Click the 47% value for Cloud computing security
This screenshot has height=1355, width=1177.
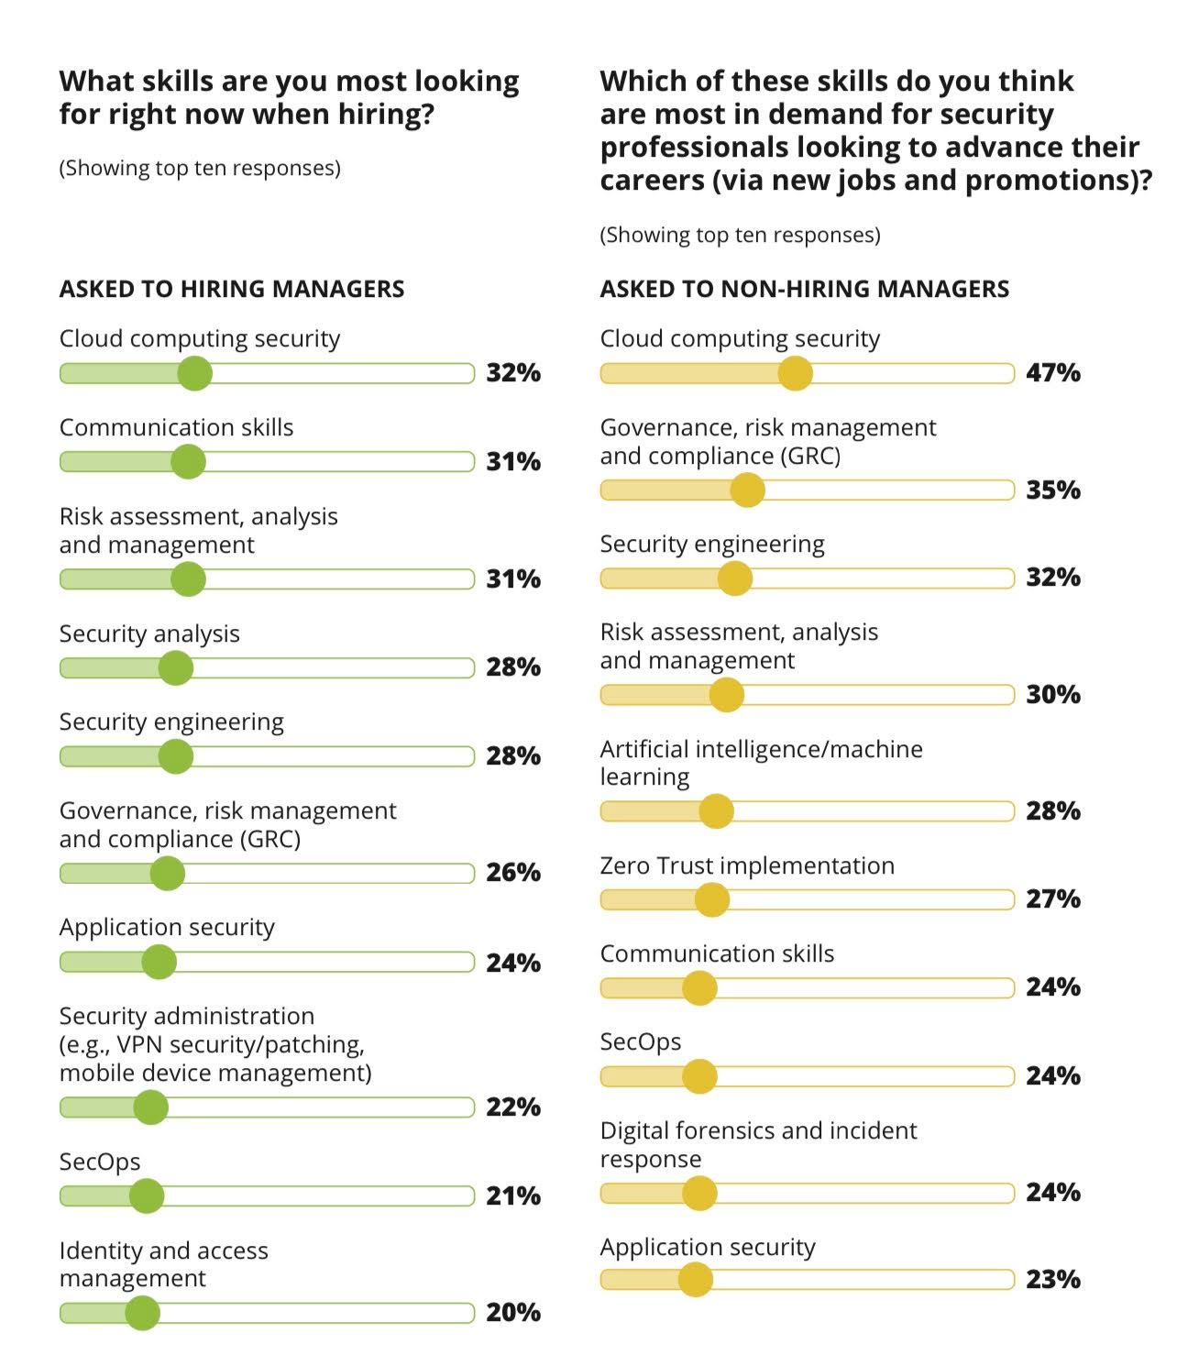pos(1052,373)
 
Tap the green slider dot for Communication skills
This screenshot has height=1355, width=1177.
pos(188,461)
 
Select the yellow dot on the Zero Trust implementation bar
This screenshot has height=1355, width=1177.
pos(711,899)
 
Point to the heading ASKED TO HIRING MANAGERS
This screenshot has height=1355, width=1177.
pos(231,289)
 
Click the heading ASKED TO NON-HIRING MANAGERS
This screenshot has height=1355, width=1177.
pos(804,289)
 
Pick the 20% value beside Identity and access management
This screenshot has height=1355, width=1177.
pos(512,1313)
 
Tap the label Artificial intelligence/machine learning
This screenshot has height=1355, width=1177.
pos(761,763)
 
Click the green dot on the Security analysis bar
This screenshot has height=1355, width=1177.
pos(176,667)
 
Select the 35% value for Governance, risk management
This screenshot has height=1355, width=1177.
pos(1052,490)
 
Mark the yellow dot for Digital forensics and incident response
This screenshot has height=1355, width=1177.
pos(699,1193)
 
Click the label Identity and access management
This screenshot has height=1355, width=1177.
pos(163,1264)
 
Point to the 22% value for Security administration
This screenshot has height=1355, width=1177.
pos(512,1107)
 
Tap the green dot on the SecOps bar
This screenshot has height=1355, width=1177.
pos(147,1195)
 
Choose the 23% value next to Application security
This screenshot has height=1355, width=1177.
pos(1052,1280)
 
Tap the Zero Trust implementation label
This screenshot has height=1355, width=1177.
pos(746,865)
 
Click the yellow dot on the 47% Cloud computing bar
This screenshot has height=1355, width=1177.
pos(795,373)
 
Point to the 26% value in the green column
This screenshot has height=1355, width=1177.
pos(512,873)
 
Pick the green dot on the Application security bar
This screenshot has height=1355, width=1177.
pos(159,962)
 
